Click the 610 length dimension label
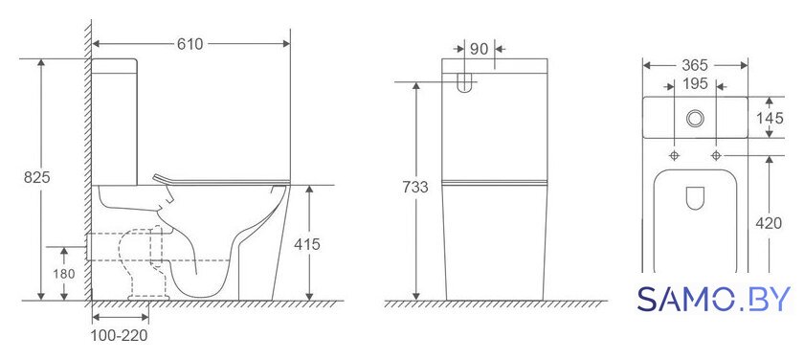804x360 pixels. coord(190,44)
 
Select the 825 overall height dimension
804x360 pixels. coord(37,177)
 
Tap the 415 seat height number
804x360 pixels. coord(306,244)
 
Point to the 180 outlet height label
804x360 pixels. coord(64,274)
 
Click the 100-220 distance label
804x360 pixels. coord(119,336)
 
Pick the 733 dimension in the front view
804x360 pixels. coord(414,187)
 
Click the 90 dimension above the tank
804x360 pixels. coord(479,49)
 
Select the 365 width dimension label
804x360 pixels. coord(695,65)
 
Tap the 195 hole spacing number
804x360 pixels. coord(695,83)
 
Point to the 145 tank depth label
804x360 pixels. coord(770,118)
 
